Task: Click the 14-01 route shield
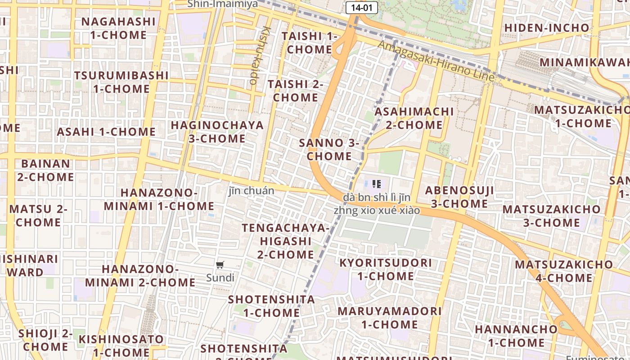click(x=362, y=7)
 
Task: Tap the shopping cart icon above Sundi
click(x=220, y=265)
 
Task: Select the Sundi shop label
click(x=220, y=278)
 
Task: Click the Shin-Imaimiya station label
click(x=223, y=4)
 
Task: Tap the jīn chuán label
click(x=251, y=191)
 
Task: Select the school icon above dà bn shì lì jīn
click(x=377, y=184)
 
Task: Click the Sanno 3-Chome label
click(x=329, y=149)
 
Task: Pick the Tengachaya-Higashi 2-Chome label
click(x=286, y=241)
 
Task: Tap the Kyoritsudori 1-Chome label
click(x=386, y=269)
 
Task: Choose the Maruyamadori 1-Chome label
click(x=390, y=317)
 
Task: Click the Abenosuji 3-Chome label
click(x=459, y=197)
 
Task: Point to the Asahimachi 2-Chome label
click(x=414, y=118)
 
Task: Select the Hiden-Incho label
click(x=546, y=28)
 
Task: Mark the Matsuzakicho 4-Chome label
click(x=564, y=271)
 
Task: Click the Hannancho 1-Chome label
click(x=516, y=336)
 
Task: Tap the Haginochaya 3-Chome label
click(x=217, y=131)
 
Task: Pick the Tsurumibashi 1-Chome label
click(x=121, y=82)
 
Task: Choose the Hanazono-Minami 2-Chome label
click(x=140, y=275)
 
